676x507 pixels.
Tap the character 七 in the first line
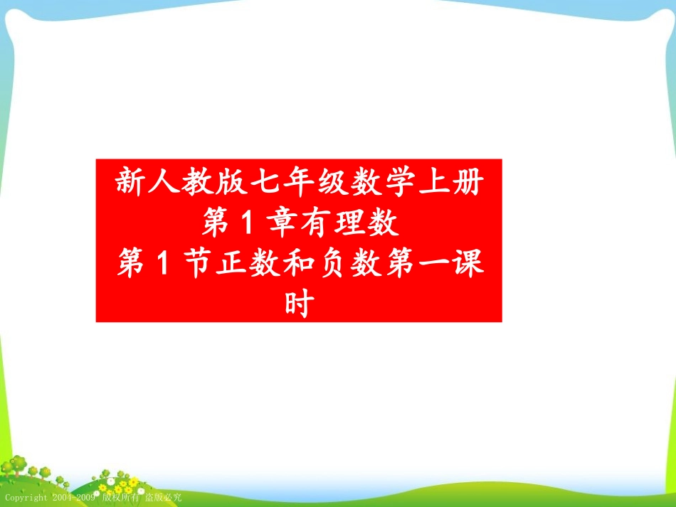265,183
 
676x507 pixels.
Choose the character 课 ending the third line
470,265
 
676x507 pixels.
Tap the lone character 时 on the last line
299,306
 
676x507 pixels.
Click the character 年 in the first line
300,183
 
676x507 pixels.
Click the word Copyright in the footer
26,498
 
